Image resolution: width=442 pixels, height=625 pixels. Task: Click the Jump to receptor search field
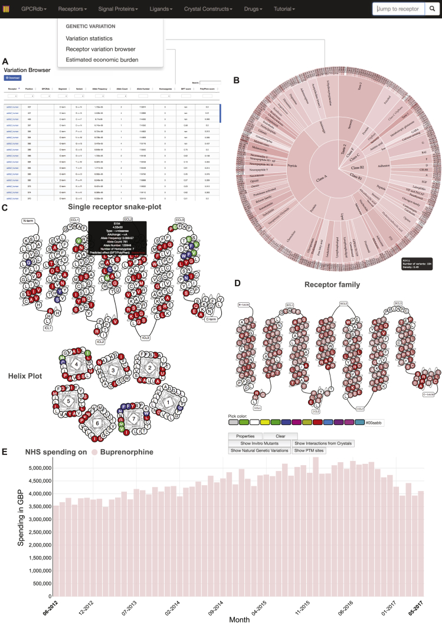[398, 9]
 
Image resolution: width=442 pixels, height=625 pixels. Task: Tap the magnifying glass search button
[432, 9]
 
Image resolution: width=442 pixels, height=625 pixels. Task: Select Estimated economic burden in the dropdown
[102, 60]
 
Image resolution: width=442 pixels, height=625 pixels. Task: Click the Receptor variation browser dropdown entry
[101, 49]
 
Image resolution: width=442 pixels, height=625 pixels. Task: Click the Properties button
[244, 436]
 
